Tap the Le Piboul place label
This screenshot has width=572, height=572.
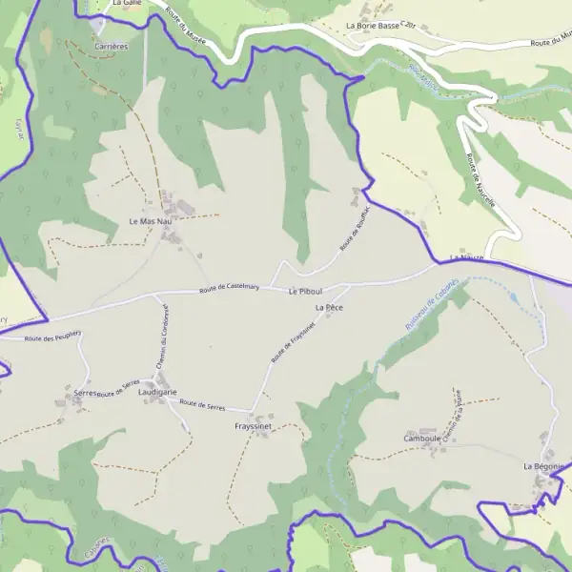tap(305, 290)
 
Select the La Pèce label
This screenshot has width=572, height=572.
tap(328, 308)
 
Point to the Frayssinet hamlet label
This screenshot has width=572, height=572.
tap(254, 427)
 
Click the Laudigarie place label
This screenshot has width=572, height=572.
tap(158, 392)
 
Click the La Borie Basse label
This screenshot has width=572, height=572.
tap(373, 26)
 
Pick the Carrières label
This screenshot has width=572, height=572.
tap(112, 45)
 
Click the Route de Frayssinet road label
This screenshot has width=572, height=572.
tap(293, 341)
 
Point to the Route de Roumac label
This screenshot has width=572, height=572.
tap(354, 230)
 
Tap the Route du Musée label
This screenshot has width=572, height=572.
tap(186, 26)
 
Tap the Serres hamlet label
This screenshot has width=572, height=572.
tap(84, 393)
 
